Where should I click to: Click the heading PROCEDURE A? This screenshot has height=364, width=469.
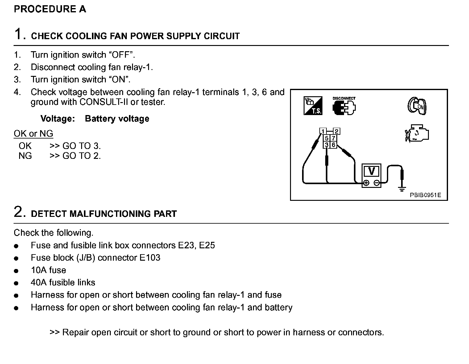point(50,9)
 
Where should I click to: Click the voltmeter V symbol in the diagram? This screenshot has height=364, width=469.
point(371,171)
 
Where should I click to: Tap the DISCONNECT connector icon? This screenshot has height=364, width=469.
point(344,106)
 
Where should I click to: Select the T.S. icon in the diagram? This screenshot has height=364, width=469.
point(313,106)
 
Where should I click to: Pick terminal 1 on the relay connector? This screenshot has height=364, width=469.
point(323,131)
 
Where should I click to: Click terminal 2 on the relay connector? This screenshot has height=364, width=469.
point(336,131)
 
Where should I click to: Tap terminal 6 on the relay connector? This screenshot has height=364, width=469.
point(333,145)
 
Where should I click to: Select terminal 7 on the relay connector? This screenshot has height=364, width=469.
point(333,138)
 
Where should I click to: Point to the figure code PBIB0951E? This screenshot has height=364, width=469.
point(425,195)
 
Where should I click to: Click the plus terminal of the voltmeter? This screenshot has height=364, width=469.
point(366,183)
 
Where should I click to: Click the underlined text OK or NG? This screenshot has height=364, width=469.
point(33,134)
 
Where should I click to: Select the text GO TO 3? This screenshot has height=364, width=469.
point(82,146)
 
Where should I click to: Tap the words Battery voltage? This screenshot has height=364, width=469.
point(117,119)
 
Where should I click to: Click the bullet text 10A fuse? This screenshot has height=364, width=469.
point(48,270)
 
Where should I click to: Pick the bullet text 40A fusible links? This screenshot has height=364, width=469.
point(63,283)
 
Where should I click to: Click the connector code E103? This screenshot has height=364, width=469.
point(150,258)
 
